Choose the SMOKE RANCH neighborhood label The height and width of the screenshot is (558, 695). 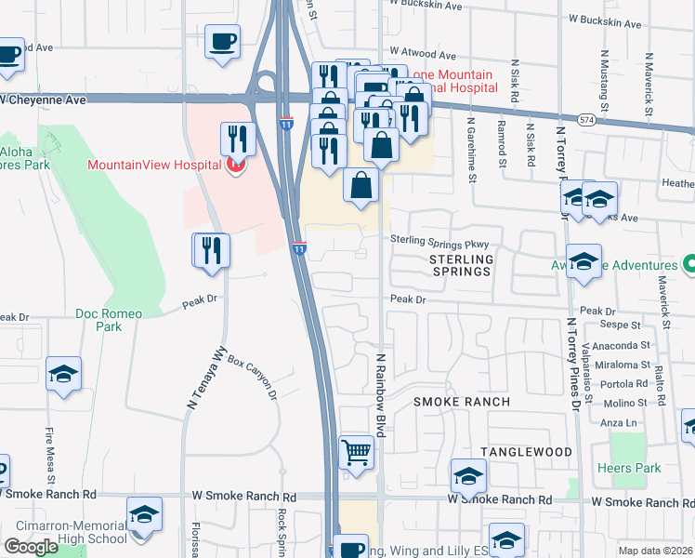click(462, 402)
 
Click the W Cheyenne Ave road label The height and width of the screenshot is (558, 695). click(43, 99)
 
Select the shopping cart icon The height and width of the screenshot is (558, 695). click(356, 452)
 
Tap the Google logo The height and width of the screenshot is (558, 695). click(30, 547)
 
